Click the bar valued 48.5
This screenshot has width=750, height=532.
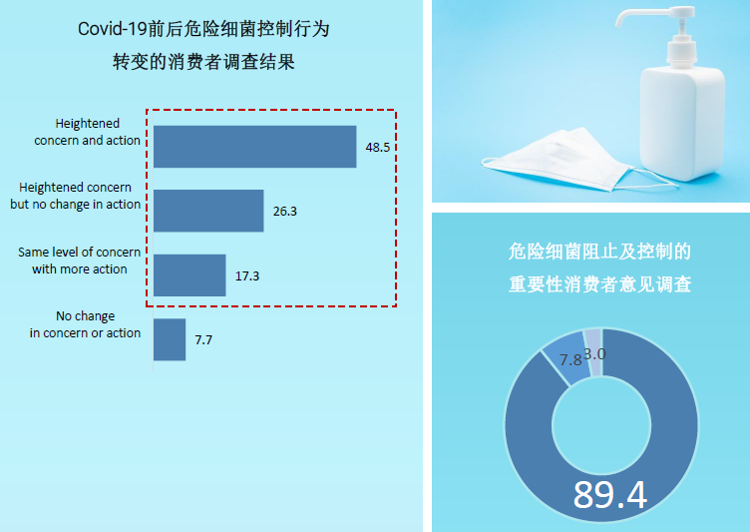click(x=255, y=147)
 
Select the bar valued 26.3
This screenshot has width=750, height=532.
click(x=208, y=211)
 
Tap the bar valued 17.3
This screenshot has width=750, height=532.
click(x=189, y=275)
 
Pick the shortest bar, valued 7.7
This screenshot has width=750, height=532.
click(x=170, y=339)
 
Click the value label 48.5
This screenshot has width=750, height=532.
click(x=378, y=148)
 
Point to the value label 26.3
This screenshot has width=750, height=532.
click(x=285, y=212)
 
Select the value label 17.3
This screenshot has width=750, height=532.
click(x=247, y=276)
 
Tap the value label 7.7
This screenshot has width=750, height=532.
click(x=203, y=340)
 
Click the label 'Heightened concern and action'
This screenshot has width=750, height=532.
click(x=87, y=132)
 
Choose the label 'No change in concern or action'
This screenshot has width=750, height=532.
click(x=85, y=324)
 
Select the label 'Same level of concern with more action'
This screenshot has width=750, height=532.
click(x=80, y=261)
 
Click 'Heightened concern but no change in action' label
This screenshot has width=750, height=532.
click(x=75, y=196)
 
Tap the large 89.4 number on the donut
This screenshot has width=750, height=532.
click(x=610, y=495)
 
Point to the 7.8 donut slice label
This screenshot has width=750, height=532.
click(x=570, y=359)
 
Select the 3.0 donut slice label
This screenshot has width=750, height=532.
click(x=595, y=354)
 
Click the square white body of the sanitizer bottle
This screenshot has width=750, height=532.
click(x=683, y=123)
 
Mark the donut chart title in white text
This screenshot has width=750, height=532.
click(x=599, y=267)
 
